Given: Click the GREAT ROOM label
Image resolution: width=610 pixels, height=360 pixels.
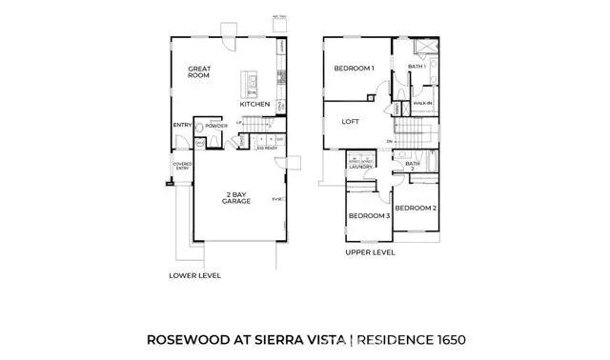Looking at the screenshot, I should [x=198, y=73].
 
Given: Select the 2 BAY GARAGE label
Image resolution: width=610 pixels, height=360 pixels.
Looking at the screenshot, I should [x=235, y=197].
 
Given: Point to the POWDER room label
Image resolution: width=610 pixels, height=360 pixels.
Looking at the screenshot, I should [x=215, y=125].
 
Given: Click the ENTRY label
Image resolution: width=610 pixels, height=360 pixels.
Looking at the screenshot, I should [x=182, y=125].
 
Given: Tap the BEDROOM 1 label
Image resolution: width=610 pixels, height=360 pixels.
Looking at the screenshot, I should [x=354, y=69].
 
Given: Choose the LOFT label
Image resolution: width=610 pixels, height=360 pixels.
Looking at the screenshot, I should [x=351, y=121].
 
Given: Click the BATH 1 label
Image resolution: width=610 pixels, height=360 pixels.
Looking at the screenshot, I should [x=416, y=67].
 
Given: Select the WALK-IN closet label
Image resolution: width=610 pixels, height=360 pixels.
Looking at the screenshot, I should [x=423, y=102].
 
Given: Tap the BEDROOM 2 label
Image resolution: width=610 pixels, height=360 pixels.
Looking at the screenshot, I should [x=416, y=208].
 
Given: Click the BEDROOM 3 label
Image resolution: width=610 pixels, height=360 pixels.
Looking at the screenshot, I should [x=369, y=216].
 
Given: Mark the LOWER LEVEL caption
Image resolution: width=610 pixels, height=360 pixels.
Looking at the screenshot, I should [x=194, y=275].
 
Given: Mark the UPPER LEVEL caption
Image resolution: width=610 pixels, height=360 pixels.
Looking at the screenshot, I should [x=370, y=254].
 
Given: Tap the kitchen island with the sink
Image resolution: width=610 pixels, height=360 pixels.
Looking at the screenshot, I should [x=251, y=86].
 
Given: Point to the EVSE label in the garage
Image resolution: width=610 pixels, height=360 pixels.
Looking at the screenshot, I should [x=277, y=199].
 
